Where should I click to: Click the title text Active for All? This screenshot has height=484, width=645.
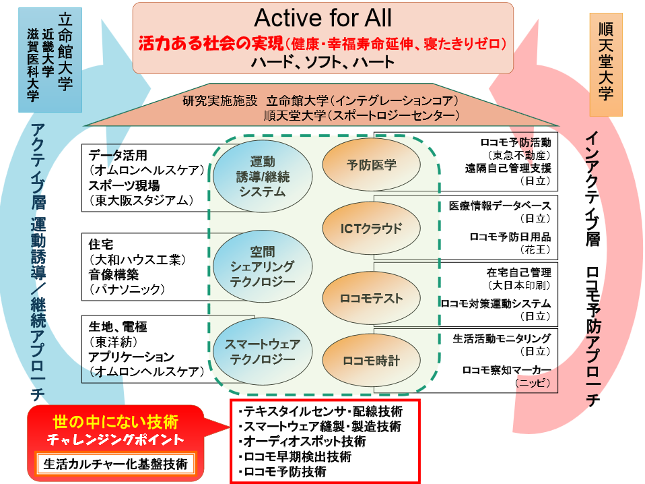click(323, 18)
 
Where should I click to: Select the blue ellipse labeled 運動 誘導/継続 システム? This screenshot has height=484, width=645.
click(263, 177)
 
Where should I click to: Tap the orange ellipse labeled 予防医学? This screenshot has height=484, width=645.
click(372, 164)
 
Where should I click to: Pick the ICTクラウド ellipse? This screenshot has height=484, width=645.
click(372, 229)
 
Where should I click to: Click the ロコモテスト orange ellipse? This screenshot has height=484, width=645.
click(372, 298)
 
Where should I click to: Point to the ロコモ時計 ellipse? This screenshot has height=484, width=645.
click(372, 361)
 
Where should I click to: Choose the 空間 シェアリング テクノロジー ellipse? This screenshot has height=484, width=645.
click(263, 266)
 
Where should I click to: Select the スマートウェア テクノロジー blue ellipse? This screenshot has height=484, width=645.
click(263, 351)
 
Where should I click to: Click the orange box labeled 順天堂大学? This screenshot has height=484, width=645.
click(606, 65)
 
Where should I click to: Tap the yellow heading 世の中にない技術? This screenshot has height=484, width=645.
click(116, 422)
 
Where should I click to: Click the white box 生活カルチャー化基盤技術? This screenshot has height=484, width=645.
click(116, 464)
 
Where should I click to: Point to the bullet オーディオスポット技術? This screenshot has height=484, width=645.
click(302, 442)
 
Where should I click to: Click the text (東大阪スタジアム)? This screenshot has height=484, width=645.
click(142, 201)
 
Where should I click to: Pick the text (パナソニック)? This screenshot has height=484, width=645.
click(127, 289)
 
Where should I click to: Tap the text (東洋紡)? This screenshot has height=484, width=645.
click(114, 342)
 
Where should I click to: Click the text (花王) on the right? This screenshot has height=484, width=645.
click(535, 249)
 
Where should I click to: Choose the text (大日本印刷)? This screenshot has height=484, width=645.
click(519, 285)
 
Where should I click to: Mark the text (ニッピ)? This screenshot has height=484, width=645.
click(533, 383)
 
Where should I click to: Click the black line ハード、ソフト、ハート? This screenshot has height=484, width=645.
click(323, 62)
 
